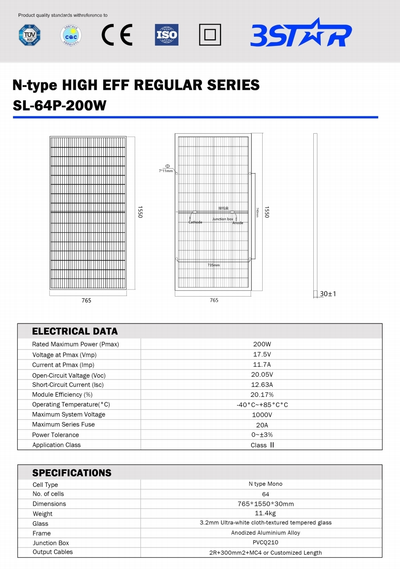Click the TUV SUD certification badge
[x=30, y=35]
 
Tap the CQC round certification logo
[x=71, y=36]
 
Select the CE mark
[x=117, y=35]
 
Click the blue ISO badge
[x=167, y=35]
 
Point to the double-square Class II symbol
[x=210, y=35]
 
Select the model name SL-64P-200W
[x=60, y=106]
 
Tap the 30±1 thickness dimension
[x=328, y=294]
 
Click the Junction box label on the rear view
[x=223, y=219]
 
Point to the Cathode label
[x=196, y=222]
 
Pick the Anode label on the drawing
[x=238, y=223]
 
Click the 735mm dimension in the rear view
[x=214, y=265]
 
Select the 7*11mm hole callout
[x=166, y=171]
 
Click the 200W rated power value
[x=262, y=344]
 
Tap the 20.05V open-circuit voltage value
[x=262, y=375]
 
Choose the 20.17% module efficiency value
[x=262, y=395]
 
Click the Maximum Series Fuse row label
[x=63, y=425]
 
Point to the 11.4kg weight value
[x=265, y=513]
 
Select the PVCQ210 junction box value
[x=266, y=542]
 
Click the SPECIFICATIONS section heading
[x=72, y=473]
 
